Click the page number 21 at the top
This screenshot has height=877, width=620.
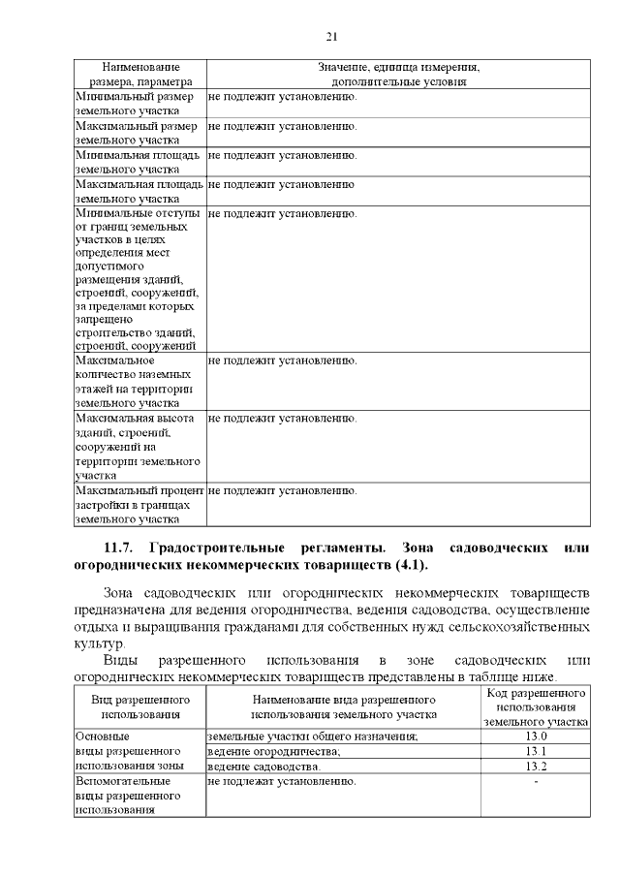pos(330,36)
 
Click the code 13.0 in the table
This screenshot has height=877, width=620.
pos(536,736)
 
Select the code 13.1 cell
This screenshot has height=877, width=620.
pos(536,751)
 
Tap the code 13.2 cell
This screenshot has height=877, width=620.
pos(536,767)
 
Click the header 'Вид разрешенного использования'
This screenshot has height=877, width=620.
pos(139,705)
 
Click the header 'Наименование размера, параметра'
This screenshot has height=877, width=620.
pos(139,75)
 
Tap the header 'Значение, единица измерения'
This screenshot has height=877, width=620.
pos(398,68)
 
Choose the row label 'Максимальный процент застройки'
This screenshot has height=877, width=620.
pos(138,505)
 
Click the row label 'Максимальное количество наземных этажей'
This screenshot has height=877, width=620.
pos(134,382)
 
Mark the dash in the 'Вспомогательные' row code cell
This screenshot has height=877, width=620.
pos(536,781)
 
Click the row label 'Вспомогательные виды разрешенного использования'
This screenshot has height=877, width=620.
pos(130,795)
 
